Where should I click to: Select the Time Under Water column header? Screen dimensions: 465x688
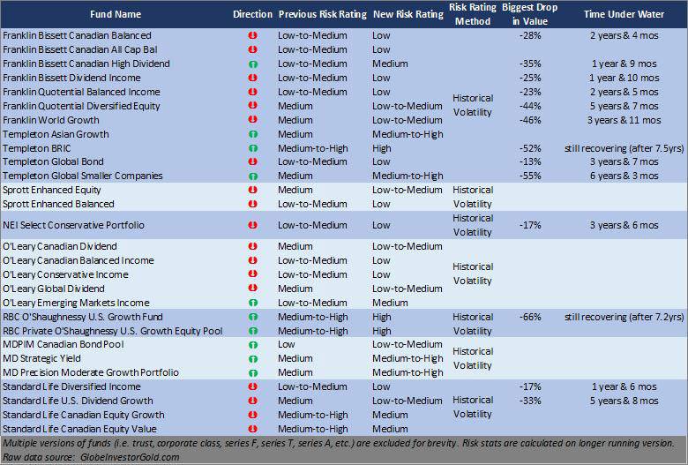point(624,15)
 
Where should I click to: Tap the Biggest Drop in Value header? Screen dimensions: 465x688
point(530,15)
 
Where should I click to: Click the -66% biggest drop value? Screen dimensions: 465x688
point(530,317)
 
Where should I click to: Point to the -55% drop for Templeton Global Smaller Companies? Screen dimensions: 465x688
point(530,176)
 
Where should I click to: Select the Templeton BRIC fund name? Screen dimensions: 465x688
point(38,148)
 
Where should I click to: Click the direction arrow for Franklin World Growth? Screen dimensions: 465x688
point(252,120)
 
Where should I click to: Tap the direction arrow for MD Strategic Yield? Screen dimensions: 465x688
point(252,359)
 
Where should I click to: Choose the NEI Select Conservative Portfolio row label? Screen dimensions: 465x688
point(73,225)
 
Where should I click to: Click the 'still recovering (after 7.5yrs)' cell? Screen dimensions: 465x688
point(624,148)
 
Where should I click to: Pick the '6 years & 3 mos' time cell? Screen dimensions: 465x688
point(624,176)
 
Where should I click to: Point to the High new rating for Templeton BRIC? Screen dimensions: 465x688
point(382,148)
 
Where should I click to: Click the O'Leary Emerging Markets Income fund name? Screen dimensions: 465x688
point(76,303)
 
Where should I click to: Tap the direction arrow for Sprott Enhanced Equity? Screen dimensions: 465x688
point(252,190)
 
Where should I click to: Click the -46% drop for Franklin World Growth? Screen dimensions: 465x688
point(530,120)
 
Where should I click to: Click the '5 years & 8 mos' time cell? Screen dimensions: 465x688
point(624,401)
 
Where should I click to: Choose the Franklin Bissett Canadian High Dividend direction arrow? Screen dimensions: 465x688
point(252,64)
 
